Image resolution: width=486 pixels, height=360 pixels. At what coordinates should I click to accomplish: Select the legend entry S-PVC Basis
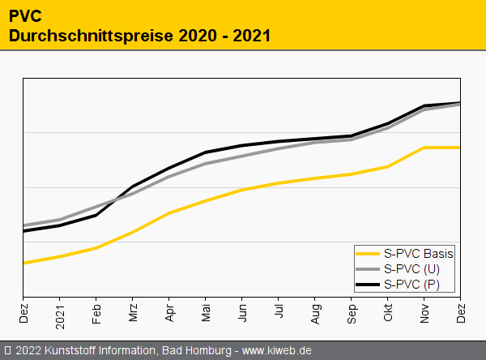tap(419, 253)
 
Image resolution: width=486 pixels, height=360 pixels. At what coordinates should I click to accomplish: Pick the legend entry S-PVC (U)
tap(412, 268)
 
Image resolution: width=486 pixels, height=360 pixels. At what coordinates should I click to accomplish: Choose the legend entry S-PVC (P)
tap(412, 284)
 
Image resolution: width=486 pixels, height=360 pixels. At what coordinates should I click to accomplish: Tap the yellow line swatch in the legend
tap(369, 253)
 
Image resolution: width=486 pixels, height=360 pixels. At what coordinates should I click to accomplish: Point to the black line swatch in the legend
tap(369, 284)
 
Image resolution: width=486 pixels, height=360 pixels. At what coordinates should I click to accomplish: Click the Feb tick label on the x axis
tap(96, 314)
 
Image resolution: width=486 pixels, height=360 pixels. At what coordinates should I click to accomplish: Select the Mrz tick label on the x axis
tap(133, 314)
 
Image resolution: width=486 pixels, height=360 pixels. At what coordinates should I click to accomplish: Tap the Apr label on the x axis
tap(169, 314)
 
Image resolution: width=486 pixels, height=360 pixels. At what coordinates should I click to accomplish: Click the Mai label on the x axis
tap(206, 314)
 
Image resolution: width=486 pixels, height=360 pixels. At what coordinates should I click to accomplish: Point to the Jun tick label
tap(242, 314)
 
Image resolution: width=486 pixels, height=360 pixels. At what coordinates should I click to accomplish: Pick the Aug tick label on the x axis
tap(315, 314)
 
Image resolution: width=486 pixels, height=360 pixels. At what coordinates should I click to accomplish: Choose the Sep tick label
tap(352, 314)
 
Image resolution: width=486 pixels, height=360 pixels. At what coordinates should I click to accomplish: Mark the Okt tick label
tap(388, 314)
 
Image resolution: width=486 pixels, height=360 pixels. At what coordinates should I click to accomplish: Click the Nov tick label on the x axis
tap(424, 314)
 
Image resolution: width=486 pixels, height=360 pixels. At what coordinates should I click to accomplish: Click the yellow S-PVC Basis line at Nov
tap(424, 148)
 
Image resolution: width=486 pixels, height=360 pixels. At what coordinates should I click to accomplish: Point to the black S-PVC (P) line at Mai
tap(206, 152)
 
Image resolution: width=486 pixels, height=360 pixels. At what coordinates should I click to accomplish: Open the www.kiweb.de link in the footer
tap(277, 351)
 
